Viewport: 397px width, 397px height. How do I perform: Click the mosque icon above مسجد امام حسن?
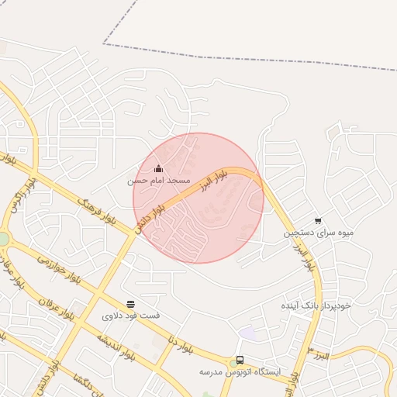tap(158, 168)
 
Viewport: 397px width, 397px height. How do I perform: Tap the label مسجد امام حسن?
tap(159, 180)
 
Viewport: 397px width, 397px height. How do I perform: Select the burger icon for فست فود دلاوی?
tap(130, 305)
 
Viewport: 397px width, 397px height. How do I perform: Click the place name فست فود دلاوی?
tap(130, 316)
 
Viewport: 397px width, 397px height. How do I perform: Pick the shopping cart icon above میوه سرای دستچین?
tap(318, 221)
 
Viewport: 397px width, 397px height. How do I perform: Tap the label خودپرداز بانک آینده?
tap(316, 306)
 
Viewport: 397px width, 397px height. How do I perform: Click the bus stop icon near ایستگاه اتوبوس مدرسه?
tap(240, 361)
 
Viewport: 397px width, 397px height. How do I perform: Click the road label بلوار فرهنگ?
tap(97, 209)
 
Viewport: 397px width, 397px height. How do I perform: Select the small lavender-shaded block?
tap(247, 333)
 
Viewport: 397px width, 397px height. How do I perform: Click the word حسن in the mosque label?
tap(136, 180)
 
